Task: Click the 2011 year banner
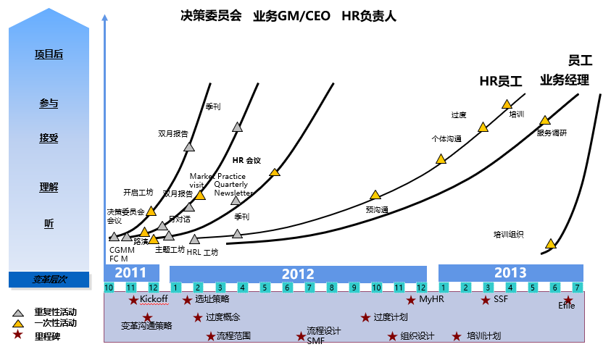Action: (x=130, y=273)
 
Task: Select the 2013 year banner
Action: (x=510, y=273)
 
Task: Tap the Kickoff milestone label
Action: (x=154, y=298)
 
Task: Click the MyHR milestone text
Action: (x=431, y=298)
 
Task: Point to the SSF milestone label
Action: (x=501, y=298)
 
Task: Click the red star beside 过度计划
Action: (x=366, y=317)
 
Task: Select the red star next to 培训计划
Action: (x=457, y=336)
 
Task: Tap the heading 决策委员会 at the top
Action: (x=211, y=16)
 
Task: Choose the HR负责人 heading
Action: (x=369, y=16)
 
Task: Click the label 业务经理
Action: (x=565, y=80)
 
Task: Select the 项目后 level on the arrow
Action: (x=49, y=54)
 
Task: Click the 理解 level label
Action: (x=49, y=188)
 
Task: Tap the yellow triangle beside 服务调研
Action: (x=545, y=120)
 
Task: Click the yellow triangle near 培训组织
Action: (x=551, y=243)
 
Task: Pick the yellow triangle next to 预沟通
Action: (x=375, y=194)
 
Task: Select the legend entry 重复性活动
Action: (x=55, y=311)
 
